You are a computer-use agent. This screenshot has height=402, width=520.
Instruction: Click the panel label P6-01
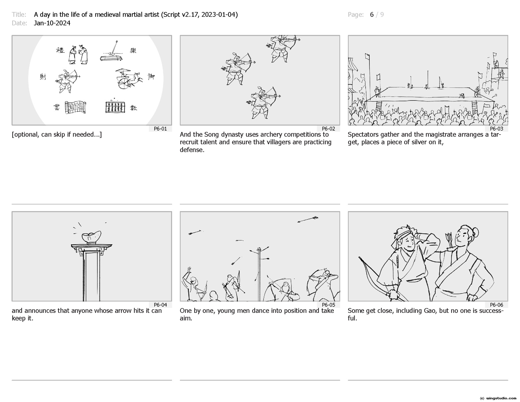click(160, 129)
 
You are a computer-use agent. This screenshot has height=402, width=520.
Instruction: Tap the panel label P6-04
click(160, 305)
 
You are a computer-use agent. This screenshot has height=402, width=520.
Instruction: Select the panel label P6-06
click(497, 305)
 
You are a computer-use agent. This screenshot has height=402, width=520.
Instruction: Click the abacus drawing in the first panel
click(115, 107)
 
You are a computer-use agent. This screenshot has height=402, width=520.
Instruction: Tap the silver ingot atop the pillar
click(91, 237)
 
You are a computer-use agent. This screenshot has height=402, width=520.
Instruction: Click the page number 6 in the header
click(371, 15)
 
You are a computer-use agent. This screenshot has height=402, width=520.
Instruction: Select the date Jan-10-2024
click(52, 23)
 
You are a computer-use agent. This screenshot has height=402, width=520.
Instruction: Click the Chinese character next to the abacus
click(134, 108)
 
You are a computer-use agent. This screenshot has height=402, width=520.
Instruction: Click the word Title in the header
click(19, 15)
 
